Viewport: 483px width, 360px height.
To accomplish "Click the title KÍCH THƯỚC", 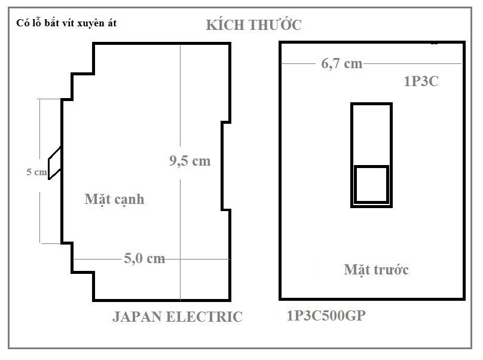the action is (x=253, y=25).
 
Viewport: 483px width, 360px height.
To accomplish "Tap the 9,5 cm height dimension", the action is (x=189, y=161).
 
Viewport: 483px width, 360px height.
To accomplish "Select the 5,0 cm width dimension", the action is (x=144, y=258).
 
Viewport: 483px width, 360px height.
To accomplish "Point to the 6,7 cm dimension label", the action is (x=341, y=64).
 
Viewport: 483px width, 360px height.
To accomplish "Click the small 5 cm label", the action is (x=36, y=172).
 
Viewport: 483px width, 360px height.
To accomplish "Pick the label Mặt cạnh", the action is (x=114, y=199).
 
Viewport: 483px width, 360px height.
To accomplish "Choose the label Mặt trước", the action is (x=376, y=270).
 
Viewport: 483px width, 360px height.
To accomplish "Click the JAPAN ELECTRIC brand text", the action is (x=178, y=317).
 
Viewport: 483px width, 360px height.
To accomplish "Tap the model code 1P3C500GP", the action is (x=326, y=316).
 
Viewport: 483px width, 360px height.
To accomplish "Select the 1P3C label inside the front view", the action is (x=421, y=81).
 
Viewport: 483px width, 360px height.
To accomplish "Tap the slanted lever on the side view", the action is (x=54, y=163).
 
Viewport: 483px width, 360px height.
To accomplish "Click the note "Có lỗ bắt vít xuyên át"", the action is (x=66, y=23).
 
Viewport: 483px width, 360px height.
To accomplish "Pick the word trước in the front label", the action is (x=391, y=270).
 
